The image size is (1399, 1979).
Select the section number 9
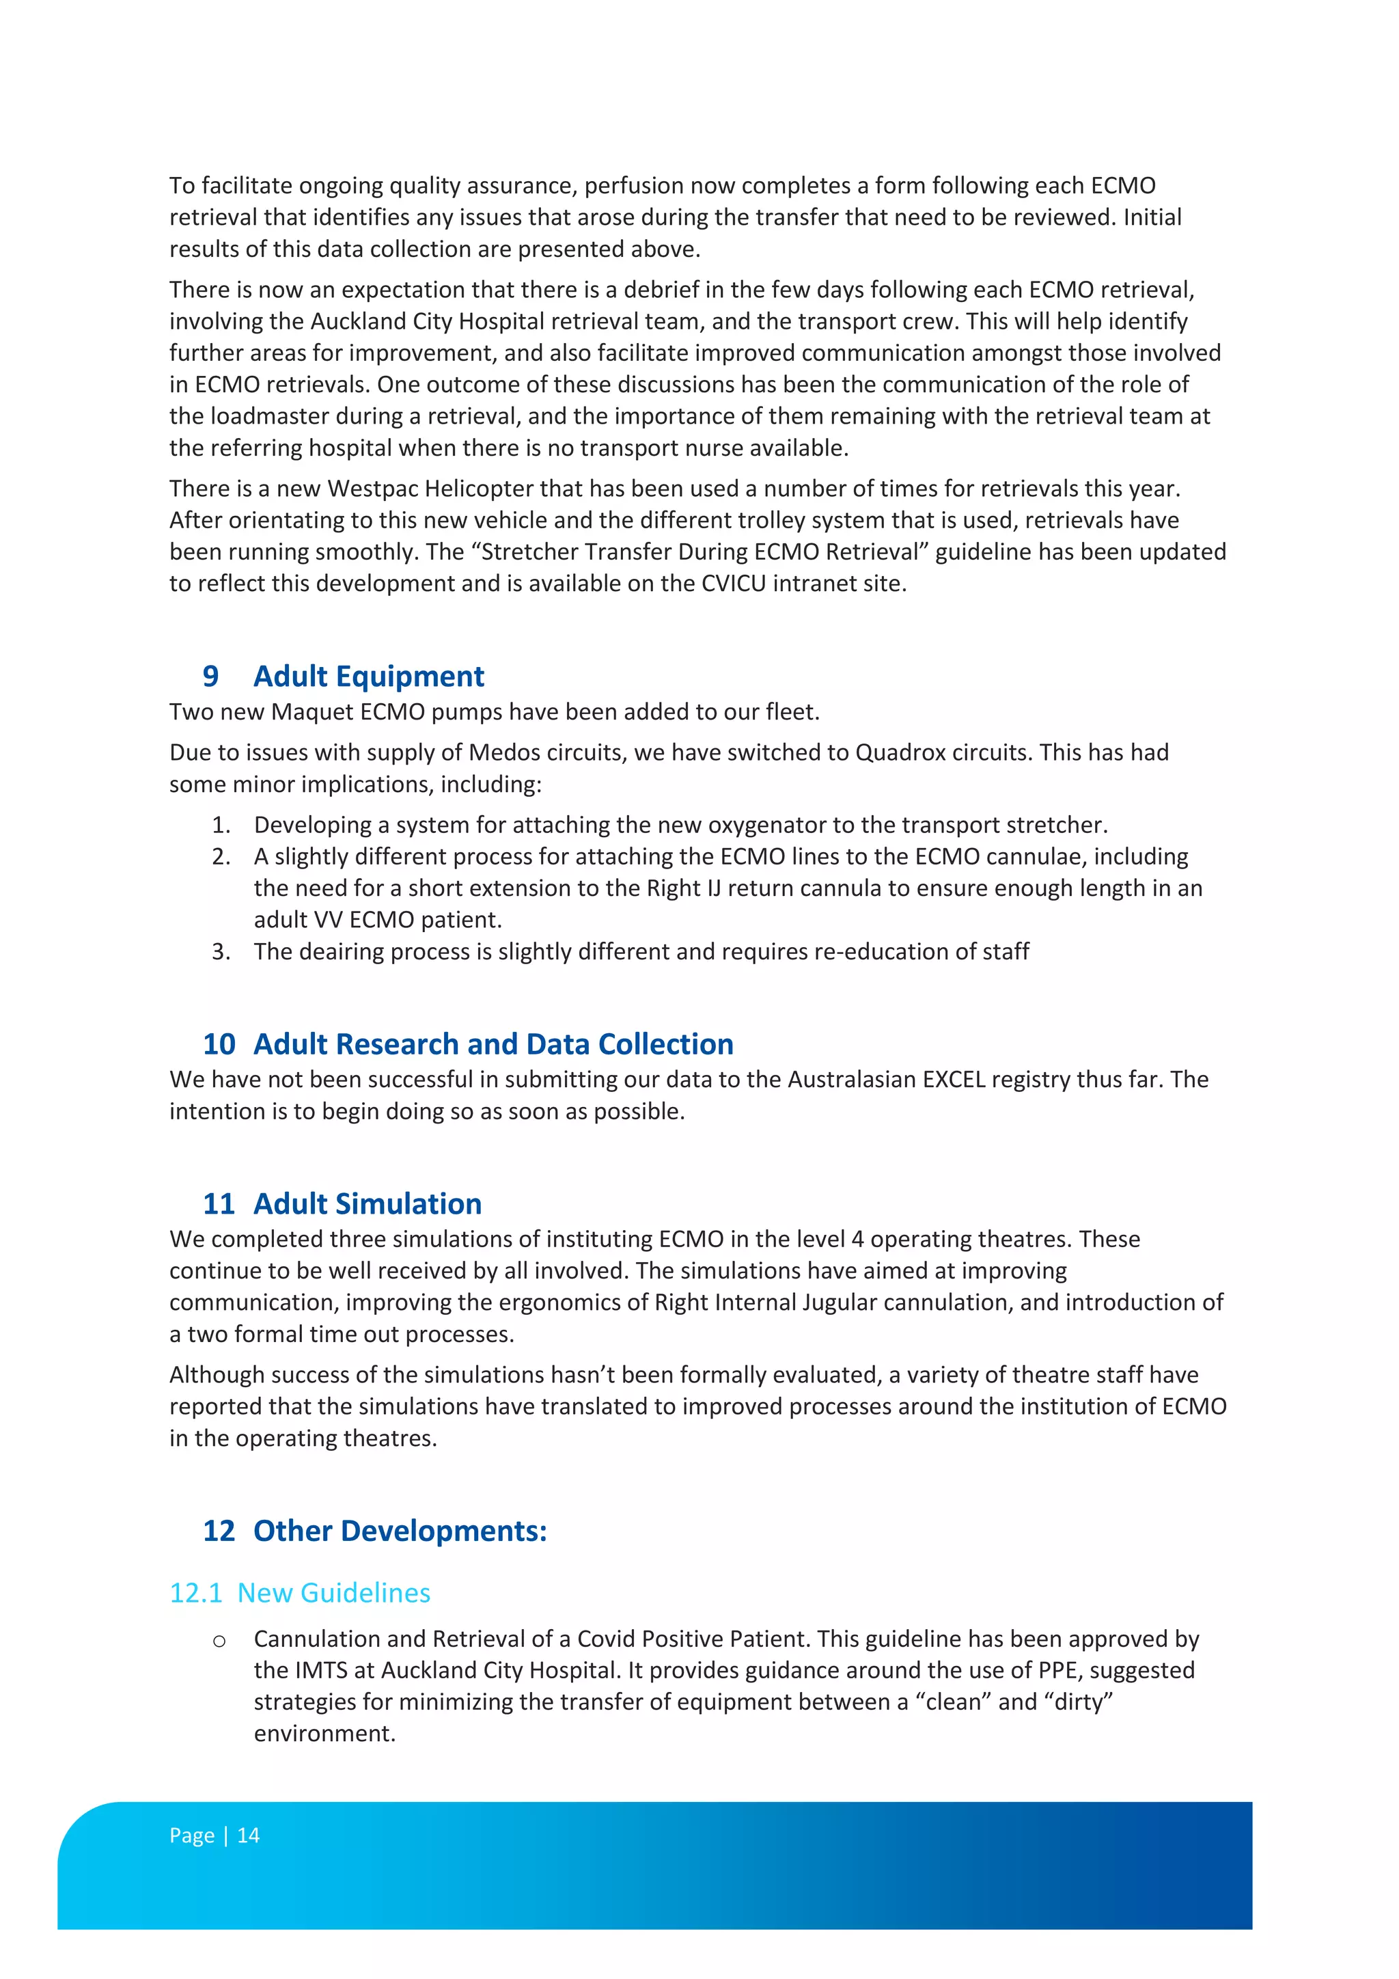pyautogui.click(x=210, y=677)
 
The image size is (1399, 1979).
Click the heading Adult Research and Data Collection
pyautogui.click(x=493, y=1045)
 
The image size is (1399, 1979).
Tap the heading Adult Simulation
pyautogui.click(x=367, y=1204)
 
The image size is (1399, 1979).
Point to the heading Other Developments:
pyautogui.click(x=400, y=1531)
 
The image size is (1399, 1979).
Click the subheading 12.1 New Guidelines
pyautogui.click(x=300, y=1593)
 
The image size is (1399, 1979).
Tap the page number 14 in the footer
pyautogui.click(x=248, y=1836)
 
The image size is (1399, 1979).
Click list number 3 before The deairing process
pyautogui.click(x=221, y=952)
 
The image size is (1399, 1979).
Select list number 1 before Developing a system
pyautogui.click(x=221, y=825)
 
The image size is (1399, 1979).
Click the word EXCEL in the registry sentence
pyautogui.click(x=953, y=1080)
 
